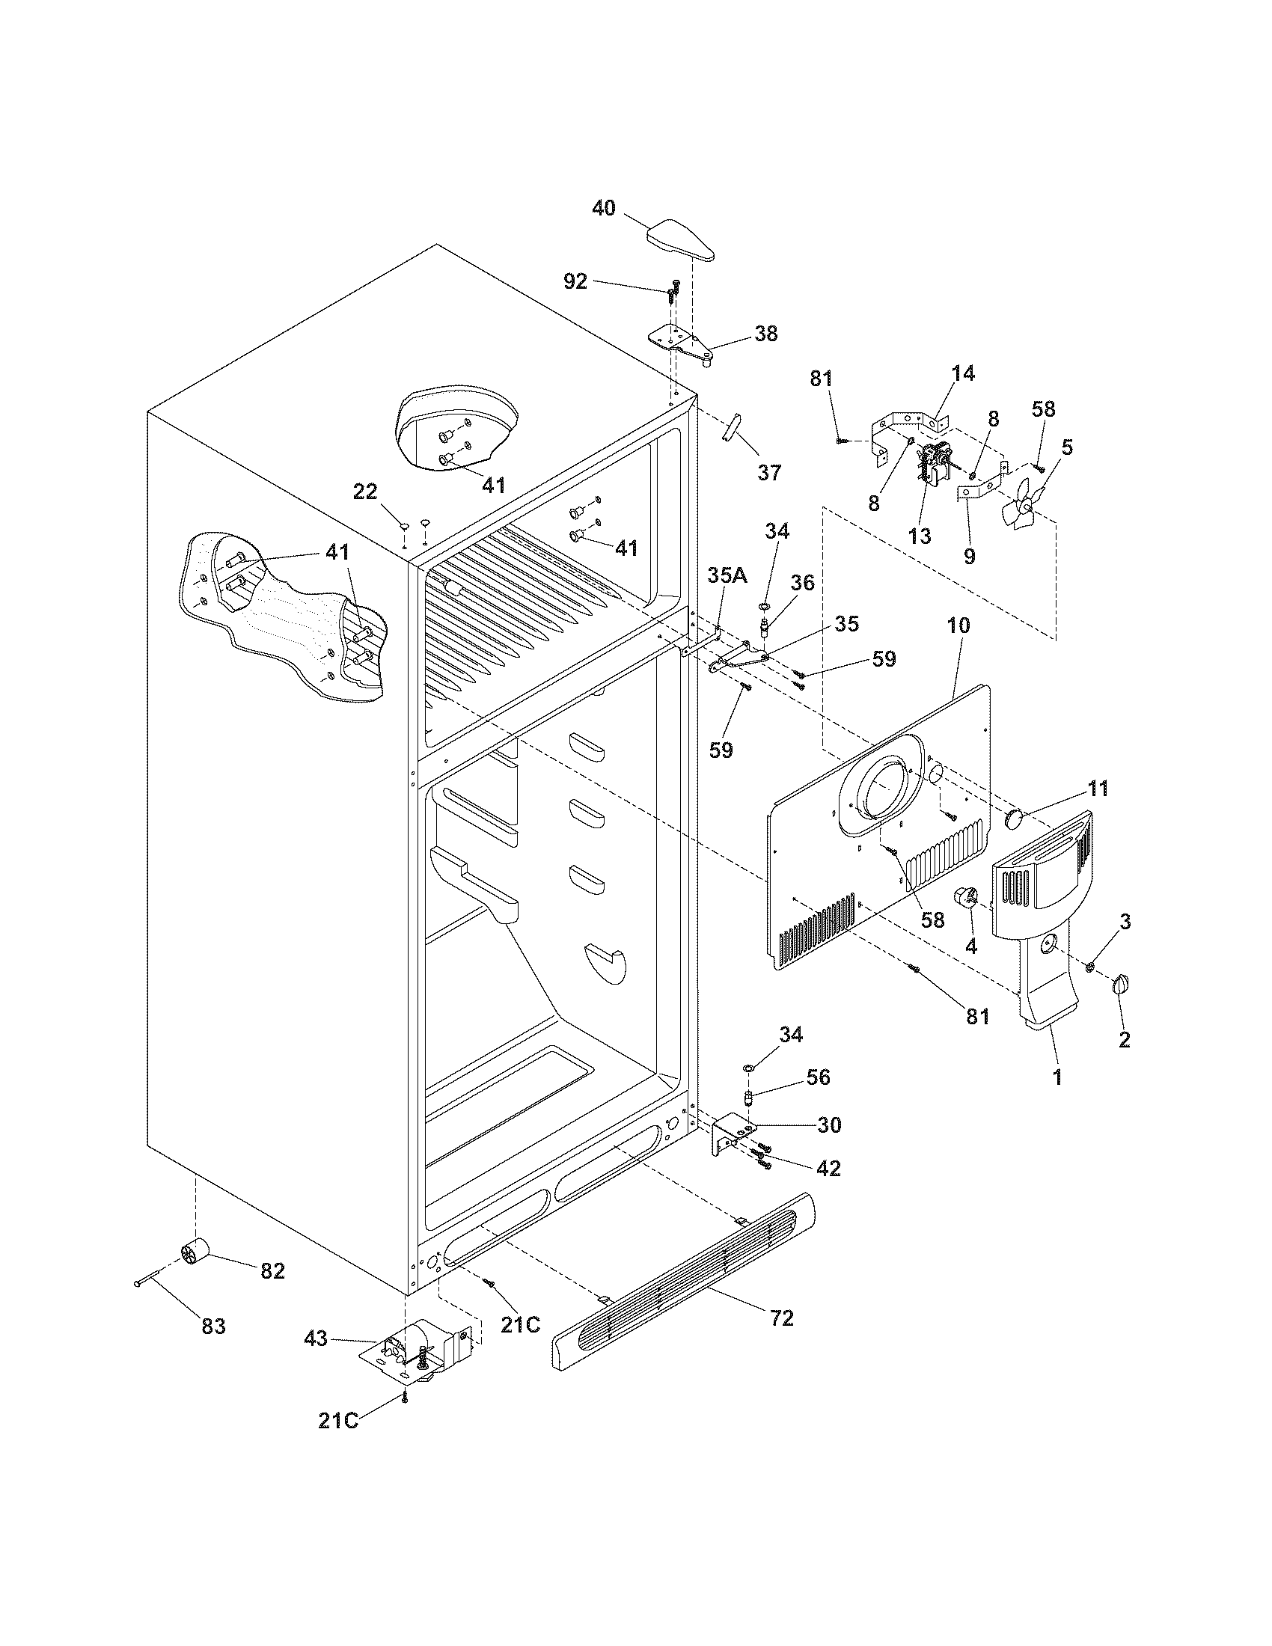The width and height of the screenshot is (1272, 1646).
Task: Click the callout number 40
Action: tap(603, 209)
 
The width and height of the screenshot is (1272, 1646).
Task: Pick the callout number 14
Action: tap(962, 374)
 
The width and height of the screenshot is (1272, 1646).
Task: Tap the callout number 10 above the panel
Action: tap(958, 625)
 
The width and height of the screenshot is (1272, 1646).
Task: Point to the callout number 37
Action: tap(768, 473)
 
